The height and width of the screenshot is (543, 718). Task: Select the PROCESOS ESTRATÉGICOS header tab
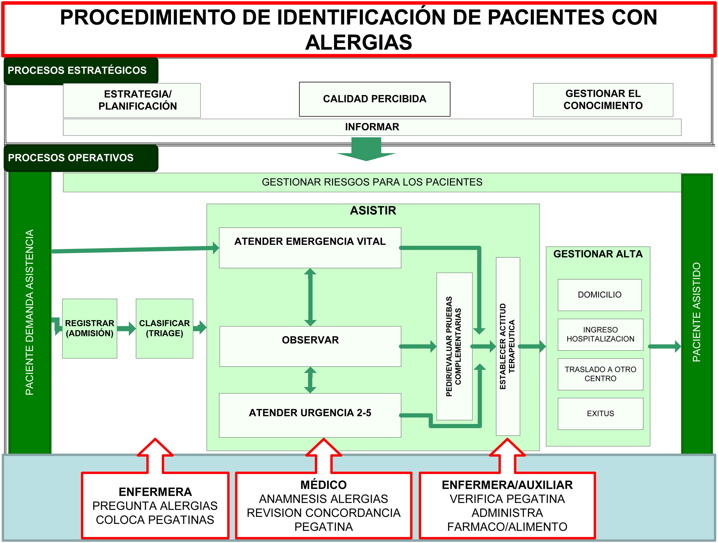pyautogui.click(x=77, y=70)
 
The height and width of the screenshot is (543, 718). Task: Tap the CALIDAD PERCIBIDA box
pyautogui.click(x=374, y=99)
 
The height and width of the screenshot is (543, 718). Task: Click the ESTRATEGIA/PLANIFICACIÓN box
pyautogui.click(x=131, y=100)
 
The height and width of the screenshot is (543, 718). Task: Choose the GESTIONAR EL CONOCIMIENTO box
pyautogui.click(x=603, y=100)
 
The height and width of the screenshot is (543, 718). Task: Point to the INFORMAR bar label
pyautogui.click(x=372, y=127)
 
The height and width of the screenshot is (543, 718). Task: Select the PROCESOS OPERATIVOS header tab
pyautogui.click(x=71, y=158)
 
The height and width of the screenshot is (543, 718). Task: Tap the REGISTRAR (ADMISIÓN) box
pyautogui.click(x=90, y=328)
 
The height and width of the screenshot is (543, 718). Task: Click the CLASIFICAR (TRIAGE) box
pyautogui.click(x=164, y=328)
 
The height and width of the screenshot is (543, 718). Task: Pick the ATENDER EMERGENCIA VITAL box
pyautogui.click(x=310, y=247)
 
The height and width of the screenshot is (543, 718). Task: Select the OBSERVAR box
pyautogui.click(x=310, y=346)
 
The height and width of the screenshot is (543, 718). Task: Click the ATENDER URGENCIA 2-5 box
pyautogui.click(x=310, y=415)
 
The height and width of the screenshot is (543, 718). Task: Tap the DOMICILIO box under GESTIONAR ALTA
pyautogui.click(x=599, y=295)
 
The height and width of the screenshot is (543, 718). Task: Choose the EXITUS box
pyautogui.click(x=600, y=414)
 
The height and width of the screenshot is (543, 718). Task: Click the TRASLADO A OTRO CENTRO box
pyautogui.click(x=600, y=374)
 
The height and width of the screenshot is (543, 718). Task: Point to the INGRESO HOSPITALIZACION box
pyautogui.click(x=600, y=335)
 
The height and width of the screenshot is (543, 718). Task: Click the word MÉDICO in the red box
pyautogui.click(x=323, y=485)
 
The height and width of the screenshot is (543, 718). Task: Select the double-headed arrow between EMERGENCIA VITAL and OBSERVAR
pyautogui.click(x=310, y=297)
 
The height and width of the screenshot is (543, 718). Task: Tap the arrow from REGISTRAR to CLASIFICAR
pyautogui.click(x=127, y=329)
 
